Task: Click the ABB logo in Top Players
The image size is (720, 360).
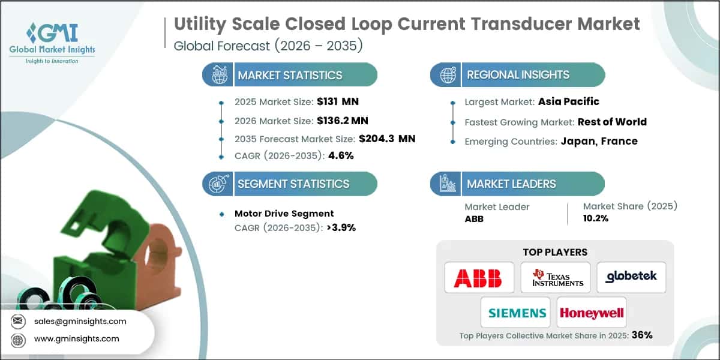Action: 479,277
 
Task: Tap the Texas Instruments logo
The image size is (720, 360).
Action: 555,277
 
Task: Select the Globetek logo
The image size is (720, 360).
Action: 631,277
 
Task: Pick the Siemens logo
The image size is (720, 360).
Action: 517,313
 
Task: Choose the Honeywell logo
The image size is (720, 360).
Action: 591,313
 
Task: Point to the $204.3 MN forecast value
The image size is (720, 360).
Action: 386,139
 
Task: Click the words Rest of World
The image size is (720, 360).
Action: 612,122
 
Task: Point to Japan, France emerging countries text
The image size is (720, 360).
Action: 599,141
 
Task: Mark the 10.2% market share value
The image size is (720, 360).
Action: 596,218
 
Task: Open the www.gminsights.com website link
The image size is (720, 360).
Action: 76,338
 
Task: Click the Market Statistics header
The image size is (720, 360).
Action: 290,75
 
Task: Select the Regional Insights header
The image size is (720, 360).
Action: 518,75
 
